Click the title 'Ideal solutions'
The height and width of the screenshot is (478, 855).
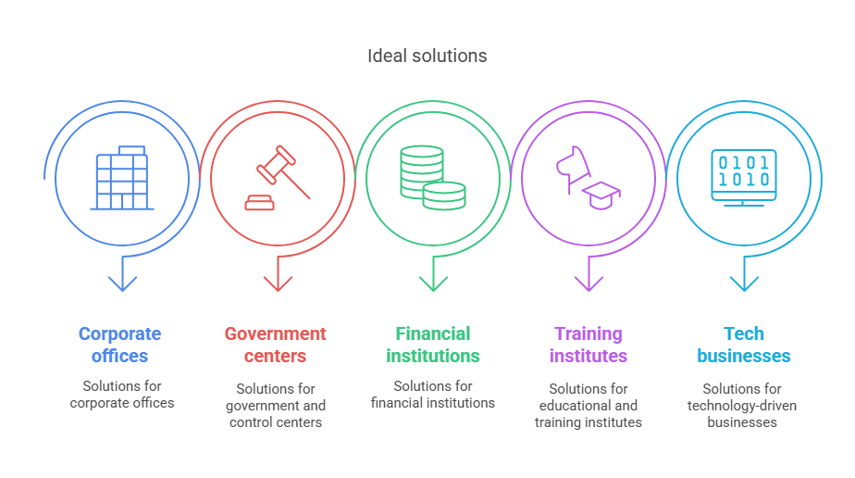(x=427, y=56)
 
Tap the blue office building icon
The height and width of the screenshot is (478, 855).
(x=122, y=178)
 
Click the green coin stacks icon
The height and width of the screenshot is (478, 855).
(x=433, y=178)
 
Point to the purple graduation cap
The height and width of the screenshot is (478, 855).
(x=601, y=195)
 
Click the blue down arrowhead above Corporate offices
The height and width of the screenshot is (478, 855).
(x=122, y=283)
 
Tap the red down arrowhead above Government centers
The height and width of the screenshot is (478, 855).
(x=278, y=283)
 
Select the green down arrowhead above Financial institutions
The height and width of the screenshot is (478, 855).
(x=433, y=283)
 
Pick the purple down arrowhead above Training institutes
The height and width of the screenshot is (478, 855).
(x=589, y=283)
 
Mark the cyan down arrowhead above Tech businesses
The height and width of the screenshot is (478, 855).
(x=744, y=283)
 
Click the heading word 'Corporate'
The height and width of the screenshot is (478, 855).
(x=120, y=333)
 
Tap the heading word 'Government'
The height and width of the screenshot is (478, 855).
(x=276, y=333)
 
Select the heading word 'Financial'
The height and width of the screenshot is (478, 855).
(x=433, y=333)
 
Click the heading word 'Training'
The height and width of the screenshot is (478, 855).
(x=589, y=333)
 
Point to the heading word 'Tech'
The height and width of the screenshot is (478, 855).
(x=744, y=333)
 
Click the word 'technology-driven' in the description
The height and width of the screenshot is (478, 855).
(x=742, y=406)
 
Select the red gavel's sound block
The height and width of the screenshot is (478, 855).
(x=259, y=203)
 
